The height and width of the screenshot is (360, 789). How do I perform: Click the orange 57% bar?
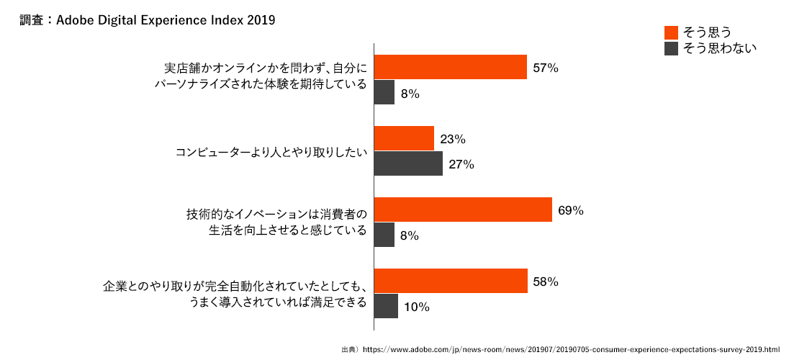(x=451, y=68)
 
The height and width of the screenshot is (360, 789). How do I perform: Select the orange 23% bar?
(x=404, y=138)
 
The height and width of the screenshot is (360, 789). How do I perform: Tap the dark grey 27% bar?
(x=408, y=164)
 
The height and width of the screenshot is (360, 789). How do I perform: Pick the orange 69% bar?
(x=463, y=210)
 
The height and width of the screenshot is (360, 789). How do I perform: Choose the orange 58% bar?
(x=451, y=281)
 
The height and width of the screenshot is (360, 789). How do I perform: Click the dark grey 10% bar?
(x=386, y=306)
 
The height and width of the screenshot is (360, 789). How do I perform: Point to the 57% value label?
(x=546, y=68)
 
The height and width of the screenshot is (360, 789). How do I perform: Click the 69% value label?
(x=570, y=210)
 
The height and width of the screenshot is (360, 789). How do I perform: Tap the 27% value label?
(x=461, y=165)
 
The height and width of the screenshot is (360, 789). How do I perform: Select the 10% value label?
(x=416, y=307)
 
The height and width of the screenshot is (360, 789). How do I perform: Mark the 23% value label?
(x=453, y=139)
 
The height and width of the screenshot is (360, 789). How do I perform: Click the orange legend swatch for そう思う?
(x=671, y=32)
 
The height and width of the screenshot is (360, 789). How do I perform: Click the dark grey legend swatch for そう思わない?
(x=671, y=49)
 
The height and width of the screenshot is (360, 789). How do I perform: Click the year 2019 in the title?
(x=261, y=20)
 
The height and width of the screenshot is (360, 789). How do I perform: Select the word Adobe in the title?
(x=73, y=20)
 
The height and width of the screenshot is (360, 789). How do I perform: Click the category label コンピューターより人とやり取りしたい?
(x=271, y=153)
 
